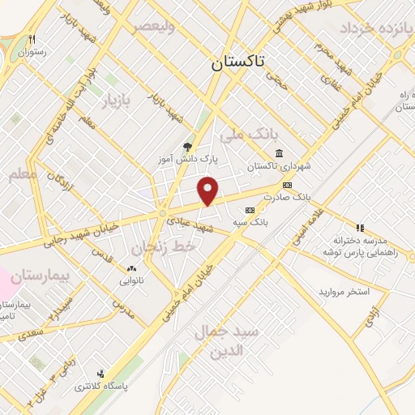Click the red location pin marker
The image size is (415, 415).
click(208, 191)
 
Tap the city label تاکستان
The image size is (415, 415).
click(239, 64)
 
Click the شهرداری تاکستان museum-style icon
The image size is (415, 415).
click(279, 154)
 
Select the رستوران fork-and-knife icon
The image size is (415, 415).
click(32, 38)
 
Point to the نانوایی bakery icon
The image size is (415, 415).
click(131, 268)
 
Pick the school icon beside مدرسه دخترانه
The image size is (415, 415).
click(361, 228)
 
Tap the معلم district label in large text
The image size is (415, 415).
click(22, 173)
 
